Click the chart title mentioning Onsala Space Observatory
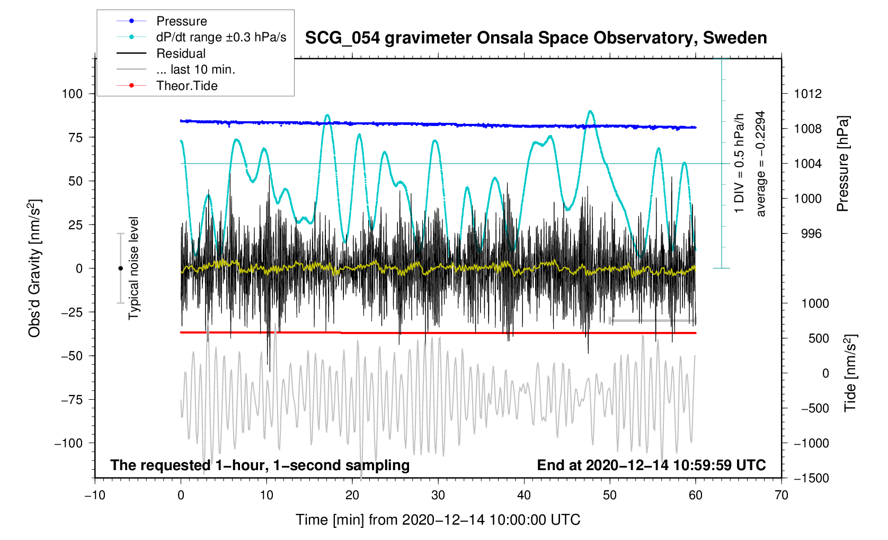536,38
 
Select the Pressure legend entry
181,21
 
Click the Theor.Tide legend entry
187,86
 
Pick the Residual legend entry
181,53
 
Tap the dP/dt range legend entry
221,37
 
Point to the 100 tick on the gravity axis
73,94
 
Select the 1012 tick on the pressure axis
807,94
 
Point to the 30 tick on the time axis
438,495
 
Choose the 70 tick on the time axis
782,495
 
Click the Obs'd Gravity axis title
34,268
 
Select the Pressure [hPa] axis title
842,164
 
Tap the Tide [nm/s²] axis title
850,373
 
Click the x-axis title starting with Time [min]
438,520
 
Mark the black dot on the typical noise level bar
120,268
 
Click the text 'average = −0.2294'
761,164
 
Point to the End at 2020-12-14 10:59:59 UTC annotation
651,465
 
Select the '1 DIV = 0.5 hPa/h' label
739,163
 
